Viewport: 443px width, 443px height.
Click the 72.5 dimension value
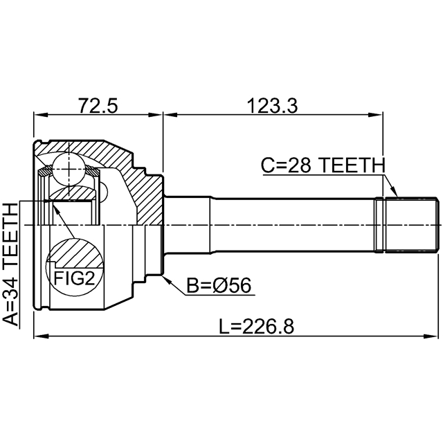coord(98,105)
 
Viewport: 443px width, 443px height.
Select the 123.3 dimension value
coord(272,105)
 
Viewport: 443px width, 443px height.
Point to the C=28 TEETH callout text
coord(323,165)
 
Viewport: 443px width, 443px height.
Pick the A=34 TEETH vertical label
coord(11,264)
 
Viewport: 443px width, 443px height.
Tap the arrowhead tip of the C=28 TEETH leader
coord(397,196)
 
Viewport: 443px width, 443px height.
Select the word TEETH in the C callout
coord(353,165)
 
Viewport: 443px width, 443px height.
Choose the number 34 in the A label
coord(11,287)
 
